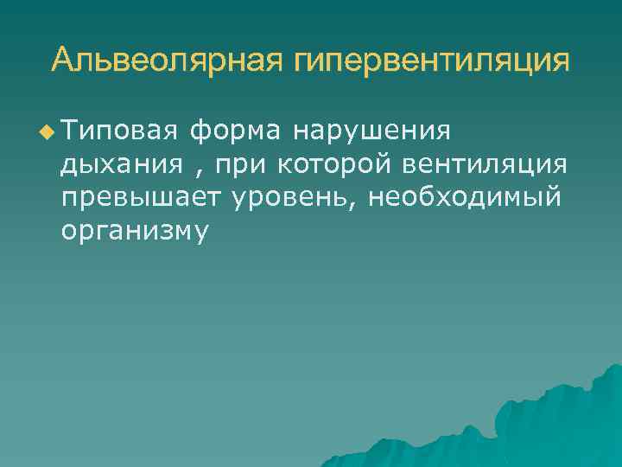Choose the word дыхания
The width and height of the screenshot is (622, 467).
(122, 164)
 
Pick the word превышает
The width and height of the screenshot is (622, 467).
(142, 198)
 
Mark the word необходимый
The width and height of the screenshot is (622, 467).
(465, 197)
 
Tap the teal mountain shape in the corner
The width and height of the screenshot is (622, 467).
(553, 424)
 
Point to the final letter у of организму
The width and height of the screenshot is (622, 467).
(200, 233)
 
